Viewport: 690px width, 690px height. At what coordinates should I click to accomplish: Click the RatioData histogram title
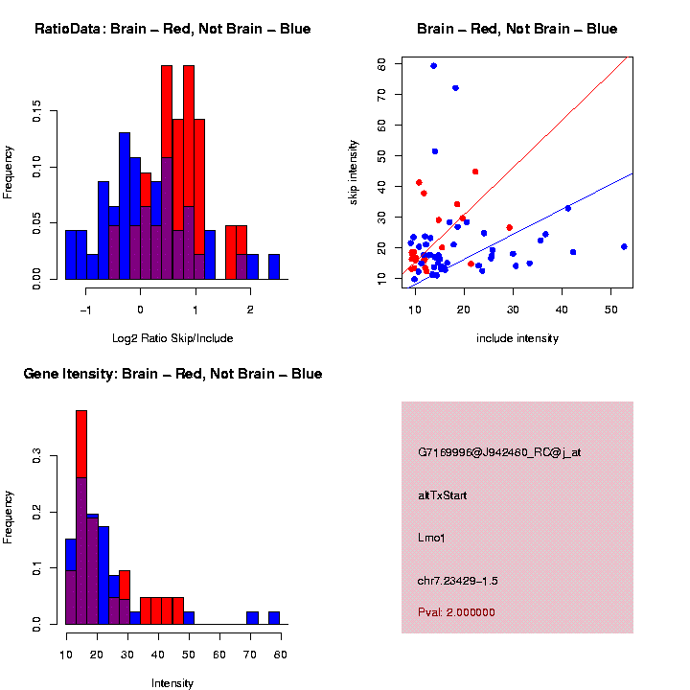pos(172,29)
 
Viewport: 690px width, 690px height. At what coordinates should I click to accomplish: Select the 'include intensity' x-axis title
pos(517,338)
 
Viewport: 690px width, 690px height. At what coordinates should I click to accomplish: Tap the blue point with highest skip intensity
pos(434,66)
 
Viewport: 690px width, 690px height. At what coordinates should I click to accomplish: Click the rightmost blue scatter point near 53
pos(624,246)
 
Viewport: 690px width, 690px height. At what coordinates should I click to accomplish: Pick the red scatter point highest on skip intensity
pos(475,172)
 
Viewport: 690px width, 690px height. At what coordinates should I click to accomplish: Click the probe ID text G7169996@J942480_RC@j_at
pos(498,452)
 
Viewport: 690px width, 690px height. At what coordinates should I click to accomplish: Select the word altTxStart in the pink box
pos(443,495)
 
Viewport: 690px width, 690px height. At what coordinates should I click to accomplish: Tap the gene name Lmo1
pos(431,538)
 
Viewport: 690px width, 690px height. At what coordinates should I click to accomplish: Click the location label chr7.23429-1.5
pos(458,581)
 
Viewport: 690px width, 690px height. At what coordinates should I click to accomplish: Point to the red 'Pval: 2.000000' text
pos(456,611)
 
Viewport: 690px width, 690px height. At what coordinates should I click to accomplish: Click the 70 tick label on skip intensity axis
pos(382,94)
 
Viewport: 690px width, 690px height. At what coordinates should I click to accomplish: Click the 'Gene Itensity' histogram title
pos(172,374)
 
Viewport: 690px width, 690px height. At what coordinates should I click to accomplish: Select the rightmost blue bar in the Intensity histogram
pos(274,618)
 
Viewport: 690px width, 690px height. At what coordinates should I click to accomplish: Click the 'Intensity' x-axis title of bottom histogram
pos(172,683)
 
